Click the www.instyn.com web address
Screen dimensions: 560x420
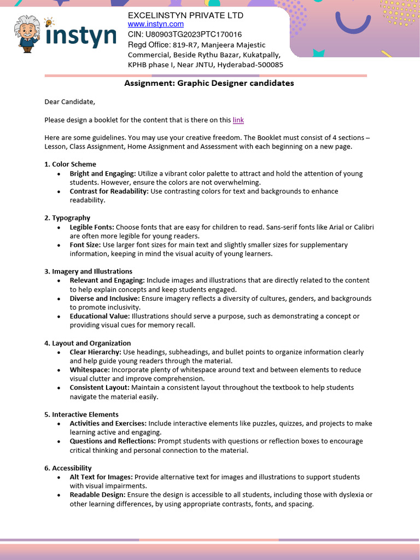[156, 24]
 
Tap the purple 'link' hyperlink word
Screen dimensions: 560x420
[238, 120]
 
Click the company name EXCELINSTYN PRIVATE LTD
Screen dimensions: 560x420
[185, 15]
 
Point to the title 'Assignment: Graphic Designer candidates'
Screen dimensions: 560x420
[209, 83]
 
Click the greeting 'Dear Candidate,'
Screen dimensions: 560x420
[69, 101]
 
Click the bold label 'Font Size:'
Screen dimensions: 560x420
[85, 245]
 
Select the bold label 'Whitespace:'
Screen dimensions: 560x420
[90, 370]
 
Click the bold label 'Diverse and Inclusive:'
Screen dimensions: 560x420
[104, 299]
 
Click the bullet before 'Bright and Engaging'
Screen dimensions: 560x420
[59, 174]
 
